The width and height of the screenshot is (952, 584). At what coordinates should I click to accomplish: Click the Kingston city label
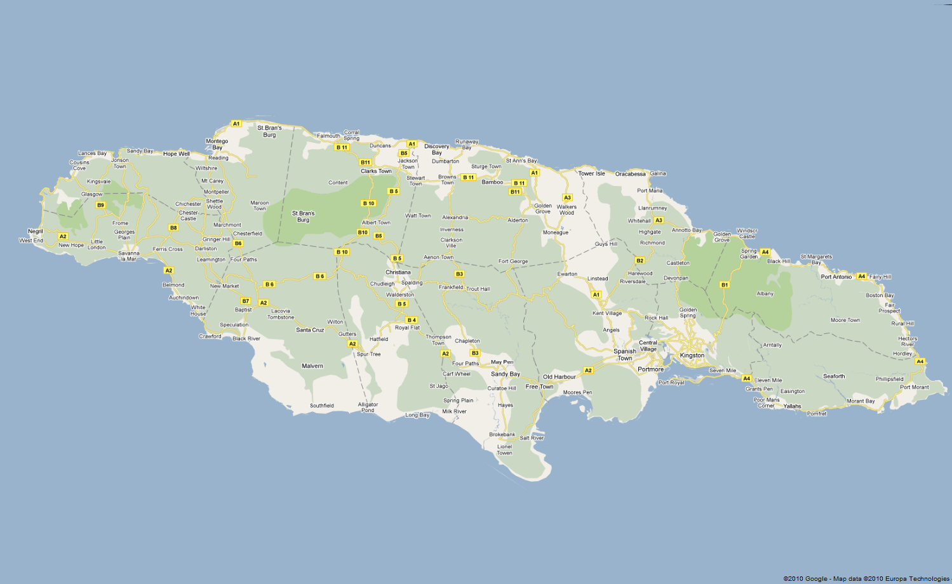[692, 355]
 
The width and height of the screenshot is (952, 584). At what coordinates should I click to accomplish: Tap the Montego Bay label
[217, 144]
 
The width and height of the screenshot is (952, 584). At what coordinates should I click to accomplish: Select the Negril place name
[35, 232]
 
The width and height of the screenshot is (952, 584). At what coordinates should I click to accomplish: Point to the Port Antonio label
[836, 277]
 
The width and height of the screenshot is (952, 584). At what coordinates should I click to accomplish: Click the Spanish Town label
[625, 355]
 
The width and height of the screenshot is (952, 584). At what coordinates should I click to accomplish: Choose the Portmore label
[650, 369]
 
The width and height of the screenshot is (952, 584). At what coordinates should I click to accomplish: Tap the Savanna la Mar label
[129, 256]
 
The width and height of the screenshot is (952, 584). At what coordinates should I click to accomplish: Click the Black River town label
[246, 338]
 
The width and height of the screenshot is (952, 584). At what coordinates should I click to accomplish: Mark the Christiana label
[398, 272]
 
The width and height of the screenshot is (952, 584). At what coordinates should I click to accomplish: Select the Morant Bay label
[861, 401]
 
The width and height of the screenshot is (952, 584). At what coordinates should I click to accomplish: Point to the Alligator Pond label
[368, 407]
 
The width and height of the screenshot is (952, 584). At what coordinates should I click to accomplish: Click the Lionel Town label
[504, 449]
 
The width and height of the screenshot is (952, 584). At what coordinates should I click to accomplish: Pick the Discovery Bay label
[437, 149]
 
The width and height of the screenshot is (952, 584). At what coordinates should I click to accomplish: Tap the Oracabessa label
[630, 174]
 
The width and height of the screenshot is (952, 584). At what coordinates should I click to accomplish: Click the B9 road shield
[100, 205]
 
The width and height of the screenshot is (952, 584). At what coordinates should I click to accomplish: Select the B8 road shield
[173, 227]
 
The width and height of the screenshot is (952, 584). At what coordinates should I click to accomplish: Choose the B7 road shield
[246, 301]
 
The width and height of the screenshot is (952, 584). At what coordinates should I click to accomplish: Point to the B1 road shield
[724, 285]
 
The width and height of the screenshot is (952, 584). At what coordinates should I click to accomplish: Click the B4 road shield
[412, 320]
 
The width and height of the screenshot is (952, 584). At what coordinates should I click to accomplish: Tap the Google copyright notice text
[866, 579]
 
